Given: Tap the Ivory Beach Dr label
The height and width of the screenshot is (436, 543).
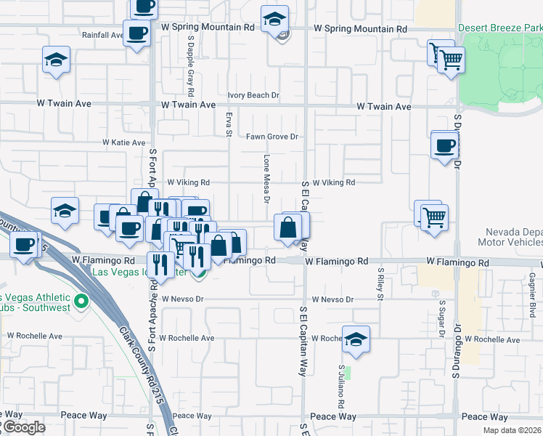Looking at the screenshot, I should [x=253, y=95].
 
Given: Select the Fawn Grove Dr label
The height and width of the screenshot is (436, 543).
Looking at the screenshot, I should [x=272, y=137].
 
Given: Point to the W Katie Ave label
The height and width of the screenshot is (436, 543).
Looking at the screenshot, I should [x=123, y=142].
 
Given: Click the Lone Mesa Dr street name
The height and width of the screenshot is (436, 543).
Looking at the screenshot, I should [x=266, y=179].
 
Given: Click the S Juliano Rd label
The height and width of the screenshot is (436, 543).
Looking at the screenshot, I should [x=340, y=384].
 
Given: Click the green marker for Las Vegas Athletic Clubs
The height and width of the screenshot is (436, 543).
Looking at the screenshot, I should [x=81, y=300].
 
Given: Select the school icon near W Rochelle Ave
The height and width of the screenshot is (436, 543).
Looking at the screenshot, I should [x=356, y=339].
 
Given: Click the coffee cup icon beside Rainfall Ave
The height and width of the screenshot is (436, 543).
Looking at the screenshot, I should [x=136, y=33].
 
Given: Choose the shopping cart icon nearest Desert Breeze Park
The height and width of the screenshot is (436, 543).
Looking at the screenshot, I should [x=451, y=59].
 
